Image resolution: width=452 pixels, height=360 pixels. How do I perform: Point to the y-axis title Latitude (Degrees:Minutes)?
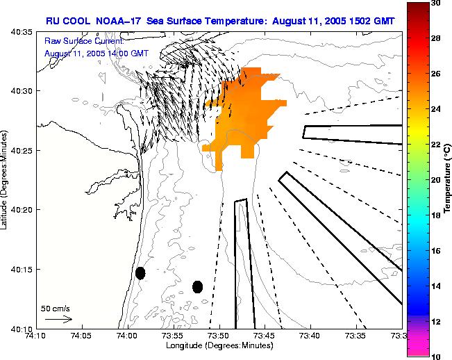6,181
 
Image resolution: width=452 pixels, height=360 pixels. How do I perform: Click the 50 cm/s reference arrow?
58,319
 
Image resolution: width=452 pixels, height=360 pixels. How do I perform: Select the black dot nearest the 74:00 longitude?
140,273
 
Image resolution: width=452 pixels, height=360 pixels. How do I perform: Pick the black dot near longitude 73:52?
197,286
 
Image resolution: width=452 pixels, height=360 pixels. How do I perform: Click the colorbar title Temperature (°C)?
448,179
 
